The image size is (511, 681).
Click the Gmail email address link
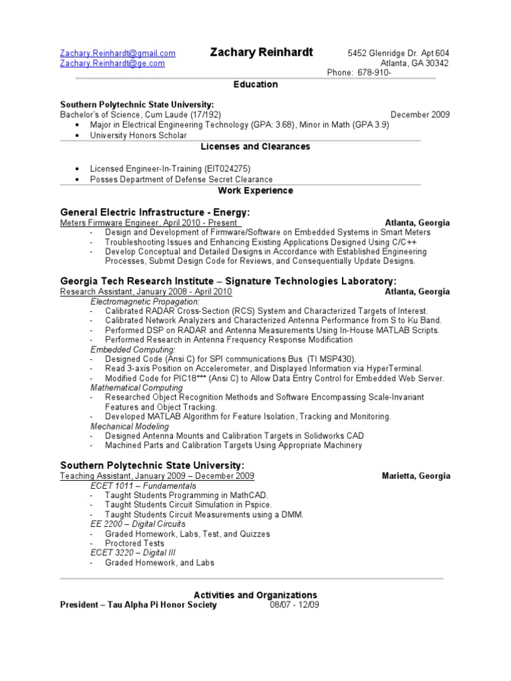click(118, 53)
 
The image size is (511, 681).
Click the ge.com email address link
click(112, 63)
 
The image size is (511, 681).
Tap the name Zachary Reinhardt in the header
click(261, 53)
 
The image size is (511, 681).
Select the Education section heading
click(255, 84)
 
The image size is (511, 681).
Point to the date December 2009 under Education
click(420, 114)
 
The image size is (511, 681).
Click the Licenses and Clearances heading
click(255, 146)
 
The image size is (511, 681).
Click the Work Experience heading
click(255, 191)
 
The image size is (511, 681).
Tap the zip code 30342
click(436, 63)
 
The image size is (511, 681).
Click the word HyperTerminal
click(391, 368)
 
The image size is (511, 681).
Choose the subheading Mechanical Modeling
click(130, 426)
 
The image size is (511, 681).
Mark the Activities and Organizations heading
click(255, 595)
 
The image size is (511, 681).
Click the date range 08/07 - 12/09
click(295, 605)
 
